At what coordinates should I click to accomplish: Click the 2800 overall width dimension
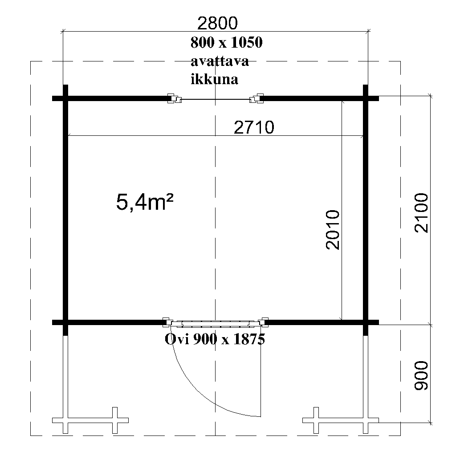coord(217,23)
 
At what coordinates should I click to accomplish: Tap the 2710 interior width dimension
coord(254,127)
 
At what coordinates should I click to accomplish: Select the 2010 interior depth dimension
coord(333,230)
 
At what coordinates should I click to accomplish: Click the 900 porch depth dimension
coord(421,375)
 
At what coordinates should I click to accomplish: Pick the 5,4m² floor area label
coord(145,203)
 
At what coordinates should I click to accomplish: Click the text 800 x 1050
coord(227,42)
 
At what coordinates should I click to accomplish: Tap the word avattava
coord(220,61)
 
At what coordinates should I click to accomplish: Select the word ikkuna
coord(215,79)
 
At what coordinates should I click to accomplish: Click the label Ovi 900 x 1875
coord(215,339)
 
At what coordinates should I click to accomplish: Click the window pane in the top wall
coord(216,99)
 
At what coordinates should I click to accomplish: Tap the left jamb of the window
coord(174,98)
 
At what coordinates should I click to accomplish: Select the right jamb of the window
coord(256,98)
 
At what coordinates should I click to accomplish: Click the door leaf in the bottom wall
coord(216,323)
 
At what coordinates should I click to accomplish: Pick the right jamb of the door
coord(264,322)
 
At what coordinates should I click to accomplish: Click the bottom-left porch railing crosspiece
coord(90,420)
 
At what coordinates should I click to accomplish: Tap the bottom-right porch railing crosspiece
coord(341,420)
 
